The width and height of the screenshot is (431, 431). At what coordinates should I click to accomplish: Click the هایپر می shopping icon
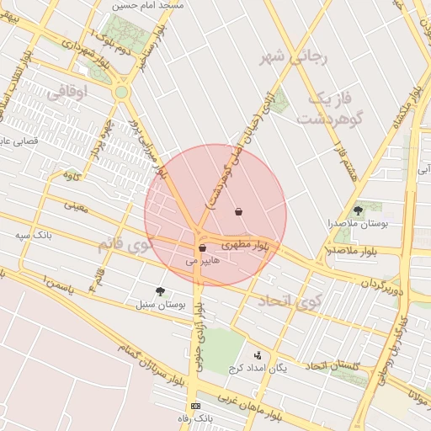202,248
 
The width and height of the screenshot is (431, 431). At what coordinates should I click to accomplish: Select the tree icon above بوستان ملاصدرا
358,210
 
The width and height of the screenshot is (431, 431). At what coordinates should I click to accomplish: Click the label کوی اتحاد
285,301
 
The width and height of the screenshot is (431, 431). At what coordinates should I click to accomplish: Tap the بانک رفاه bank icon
196,406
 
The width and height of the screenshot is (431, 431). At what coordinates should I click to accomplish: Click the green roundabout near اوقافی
121,92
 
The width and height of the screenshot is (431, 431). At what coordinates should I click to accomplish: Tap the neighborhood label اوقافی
69,93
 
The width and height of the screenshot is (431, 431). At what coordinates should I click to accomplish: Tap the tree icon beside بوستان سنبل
160,291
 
